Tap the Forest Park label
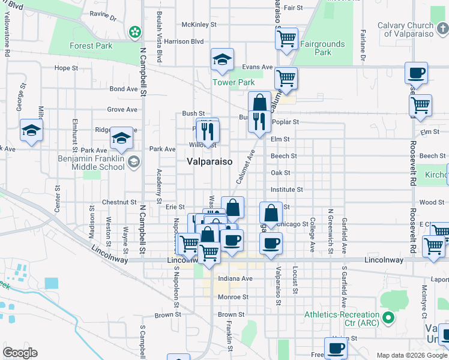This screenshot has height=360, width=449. [x=91, y=46]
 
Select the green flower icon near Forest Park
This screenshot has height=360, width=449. [x=136, y=31]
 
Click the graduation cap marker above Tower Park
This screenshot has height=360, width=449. [x=222, y=59]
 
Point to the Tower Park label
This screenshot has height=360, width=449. [x=234, y=82]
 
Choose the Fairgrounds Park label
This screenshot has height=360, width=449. [x=323, y=48]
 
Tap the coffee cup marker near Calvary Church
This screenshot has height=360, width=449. [x=416, y=73]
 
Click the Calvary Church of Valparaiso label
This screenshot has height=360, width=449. [x=414, y=29]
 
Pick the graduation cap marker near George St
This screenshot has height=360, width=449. [x=31, y=130]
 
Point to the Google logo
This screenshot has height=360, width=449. [x=20, y=353]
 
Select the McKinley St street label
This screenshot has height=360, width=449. [x=199, y=25]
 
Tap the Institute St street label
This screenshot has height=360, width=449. [x=286, y=190]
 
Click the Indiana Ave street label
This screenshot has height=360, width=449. [x=235, y=278]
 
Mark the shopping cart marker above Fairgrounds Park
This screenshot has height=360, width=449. [x=287, y=38]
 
